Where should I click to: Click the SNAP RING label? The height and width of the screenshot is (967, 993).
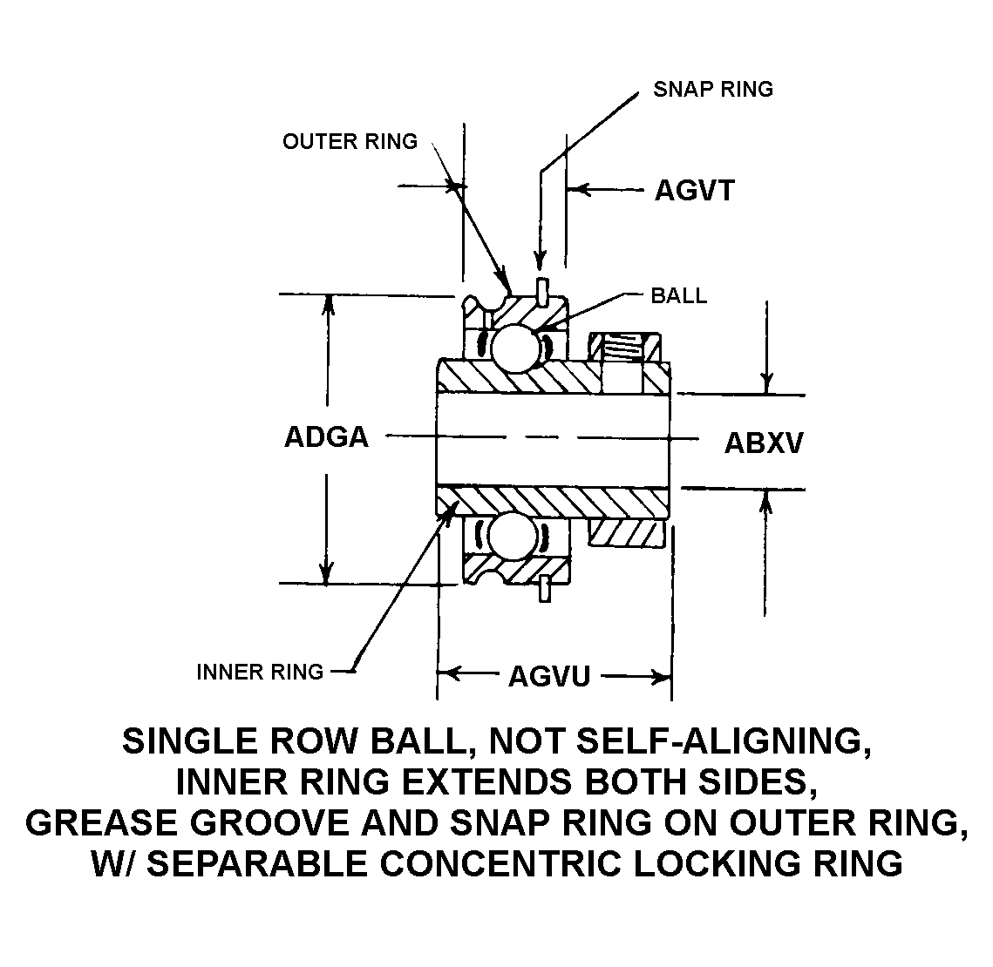click(712, 90)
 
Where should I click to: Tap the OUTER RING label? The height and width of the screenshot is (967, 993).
click(350, 142)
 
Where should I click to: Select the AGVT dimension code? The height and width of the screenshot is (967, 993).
click(694, 191)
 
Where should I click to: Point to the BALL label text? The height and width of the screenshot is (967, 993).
click(678, 296)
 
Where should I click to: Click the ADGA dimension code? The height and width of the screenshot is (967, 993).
click(326, 437)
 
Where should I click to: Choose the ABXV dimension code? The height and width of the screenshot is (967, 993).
click(764, 443)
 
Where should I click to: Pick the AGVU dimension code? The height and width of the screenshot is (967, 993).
click(549, 676)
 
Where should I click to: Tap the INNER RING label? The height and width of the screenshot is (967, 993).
click(260, 672)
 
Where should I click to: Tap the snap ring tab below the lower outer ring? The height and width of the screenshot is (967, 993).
click(545, 588)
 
